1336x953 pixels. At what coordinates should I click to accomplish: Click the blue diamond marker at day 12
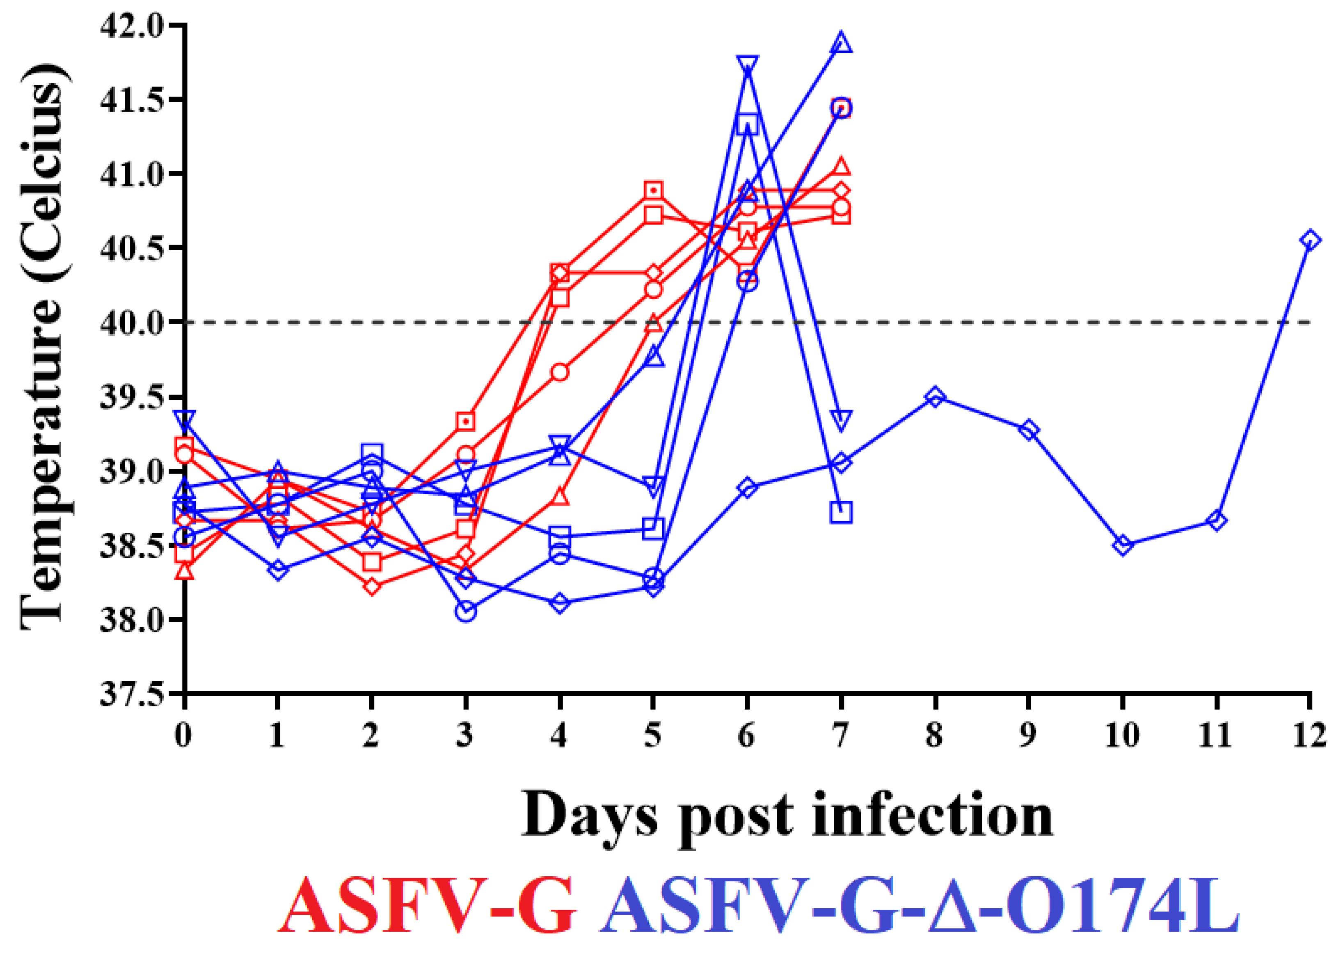point(1310,240)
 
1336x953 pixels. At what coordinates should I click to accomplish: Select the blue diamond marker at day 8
point(935,397)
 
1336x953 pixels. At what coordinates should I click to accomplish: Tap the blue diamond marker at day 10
point(1122,545)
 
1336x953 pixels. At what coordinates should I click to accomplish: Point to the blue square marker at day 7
point(842,512)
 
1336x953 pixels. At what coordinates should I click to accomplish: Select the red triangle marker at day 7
point(842,166)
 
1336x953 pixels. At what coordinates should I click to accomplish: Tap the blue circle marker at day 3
point(466,612)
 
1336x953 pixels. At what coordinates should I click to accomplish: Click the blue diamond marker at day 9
point(1029,430)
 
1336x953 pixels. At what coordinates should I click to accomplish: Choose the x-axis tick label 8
point(935,735)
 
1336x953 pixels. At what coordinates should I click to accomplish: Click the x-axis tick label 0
point(184,735)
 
